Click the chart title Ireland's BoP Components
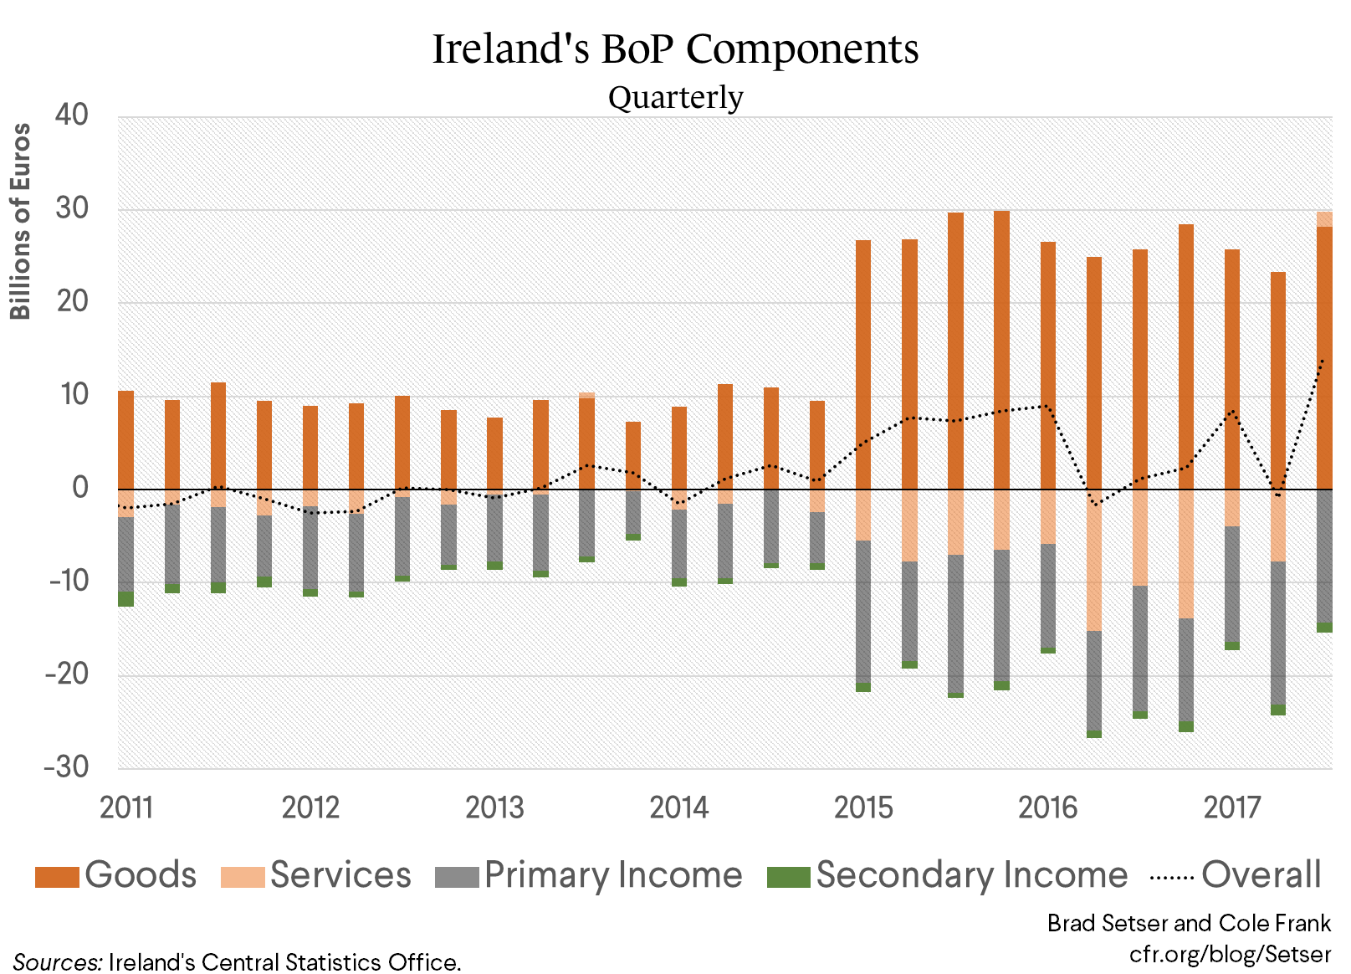675,49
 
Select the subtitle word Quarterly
675,97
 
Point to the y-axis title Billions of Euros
20,221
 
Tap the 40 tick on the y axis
72,115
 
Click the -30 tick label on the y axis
67,766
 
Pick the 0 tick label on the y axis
80,487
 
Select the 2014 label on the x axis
678,807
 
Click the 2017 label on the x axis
1231,807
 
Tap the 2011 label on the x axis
126,807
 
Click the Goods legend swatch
57,876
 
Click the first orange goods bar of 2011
125,439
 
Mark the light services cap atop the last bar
1324,219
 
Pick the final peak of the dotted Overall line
1323,361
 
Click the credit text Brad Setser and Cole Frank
1189,923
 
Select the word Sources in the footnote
55,962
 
